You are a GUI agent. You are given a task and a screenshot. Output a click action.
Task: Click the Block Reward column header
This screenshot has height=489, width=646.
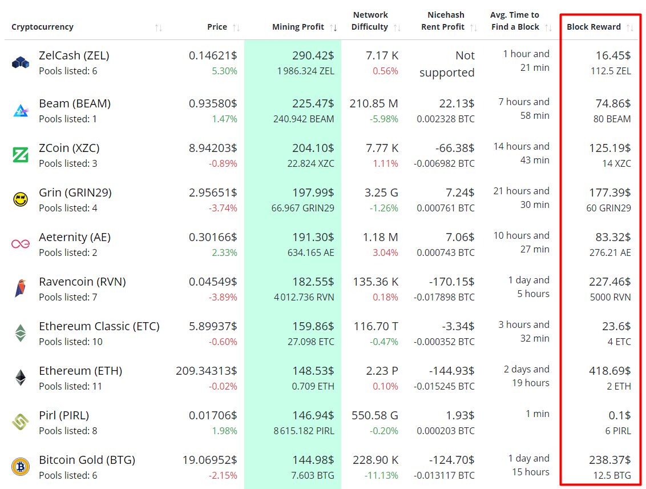tap(593, 27)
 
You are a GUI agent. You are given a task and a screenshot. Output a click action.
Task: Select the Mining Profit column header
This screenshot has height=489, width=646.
tap(298, 27)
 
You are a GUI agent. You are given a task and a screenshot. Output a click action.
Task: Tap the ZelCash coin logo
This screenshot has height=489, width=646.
tap(21, 62)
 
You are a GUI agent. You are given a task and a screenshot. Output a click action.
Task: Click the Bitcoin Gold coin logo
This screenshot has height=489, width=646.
tap(21, 467)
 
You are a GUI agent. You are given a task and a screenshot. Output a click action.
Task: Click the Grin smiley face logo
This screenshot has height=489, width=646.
tap(21, 199)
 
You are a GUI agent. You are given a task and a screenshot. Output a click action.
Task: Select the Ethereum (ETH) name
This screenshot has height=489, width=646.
tap(80, 371)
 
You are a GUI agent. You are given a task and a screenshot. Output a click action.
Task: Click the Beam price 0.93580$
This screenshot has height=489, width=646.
tap(213, 103)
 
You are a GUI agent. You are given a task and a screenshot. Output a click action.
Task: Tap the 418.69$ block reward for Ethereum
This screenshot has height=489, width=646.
tap(609, 371)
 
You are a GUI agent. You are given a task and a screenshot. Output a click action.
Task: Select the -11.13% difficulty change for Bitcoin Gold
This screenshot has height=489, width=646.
tap(381, 475)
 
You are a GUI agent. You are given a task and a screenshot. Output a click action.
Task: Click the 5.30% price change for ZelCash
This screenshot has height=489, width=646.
tap(224, 71)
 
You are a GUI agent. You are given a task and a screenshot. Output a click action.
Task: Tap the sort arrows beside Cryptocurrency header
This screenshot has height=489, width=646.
tap(158, 27)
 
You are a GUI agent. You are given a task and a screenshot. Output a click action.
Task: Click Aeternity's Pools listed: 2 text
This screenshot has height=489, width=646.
tap(68, 252)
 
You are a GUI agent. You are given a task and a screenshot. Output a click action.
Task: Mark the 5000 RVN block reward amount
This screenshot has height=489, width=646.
tap(610, 297)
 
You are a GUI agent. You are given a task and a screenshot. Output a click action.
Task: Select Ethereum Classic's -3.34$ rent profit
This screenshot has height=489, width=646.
tap(455, 326)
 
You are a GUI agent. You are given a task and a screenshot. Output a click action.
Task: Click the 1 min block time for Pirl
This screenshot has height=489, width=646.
tap(538, 414)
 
